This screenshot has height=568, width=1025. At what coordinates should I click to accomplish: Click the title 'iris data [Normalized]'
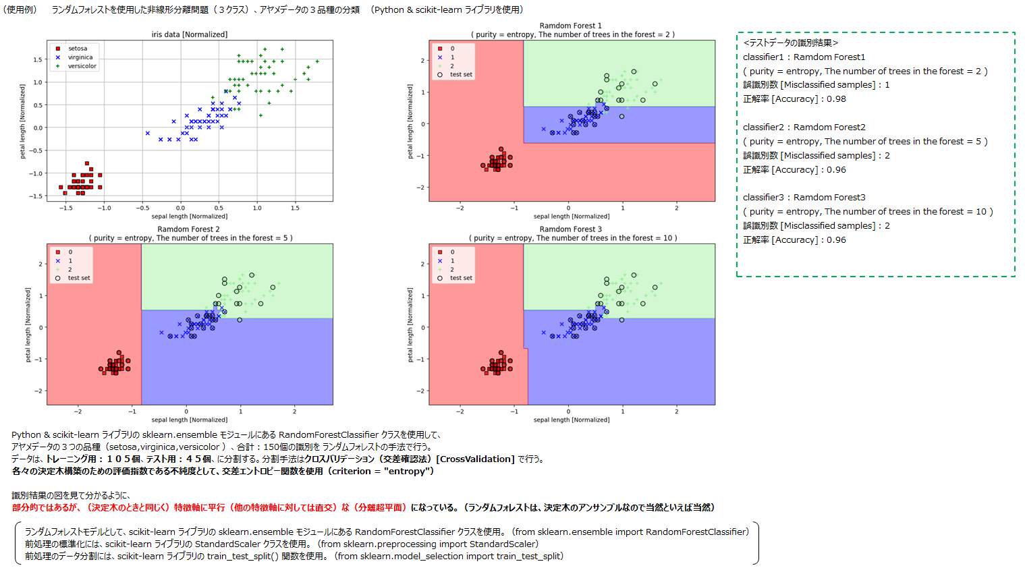pos(190,34)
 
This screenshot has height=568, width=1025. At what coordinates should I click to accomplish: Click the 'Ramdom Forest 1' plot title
pos(570,26)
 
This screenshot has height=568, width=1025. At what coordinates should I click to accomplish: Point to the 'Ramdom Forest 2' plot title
pos(188,229)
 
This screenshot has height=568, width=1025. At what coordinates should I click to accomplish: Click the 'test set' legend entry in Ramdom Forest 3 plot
pos(461,278)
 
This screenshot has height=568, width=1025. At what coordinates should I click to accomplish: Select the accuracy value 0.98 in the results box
pos(836,99)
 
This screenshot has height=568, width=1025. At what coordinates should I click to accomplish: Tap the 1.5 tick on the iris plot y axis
pos(38,60)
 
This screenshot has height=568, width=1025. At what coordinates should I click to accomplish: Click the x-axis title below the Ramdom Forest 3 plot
pos(571,420)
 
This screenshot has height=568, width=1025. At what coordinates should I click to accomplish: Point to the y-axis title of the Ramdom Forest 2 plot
pos(28,324)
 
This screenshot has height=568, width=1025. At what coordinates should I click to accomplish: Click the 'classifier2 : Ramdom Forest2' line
pos(804,127)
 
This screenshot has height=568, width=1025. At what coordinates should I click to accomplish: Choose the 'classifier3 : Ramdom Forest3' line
pos(804,198)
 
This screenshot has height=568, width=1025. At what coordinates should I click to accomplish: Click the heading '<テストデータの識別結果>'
pos(790,43)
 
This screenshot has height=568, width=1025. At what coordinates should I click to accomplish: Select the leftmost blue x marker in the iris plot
pos(148,133)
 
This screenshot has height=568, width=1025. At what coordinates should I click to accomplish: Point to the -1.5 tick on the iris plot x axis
pos(65,208)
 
